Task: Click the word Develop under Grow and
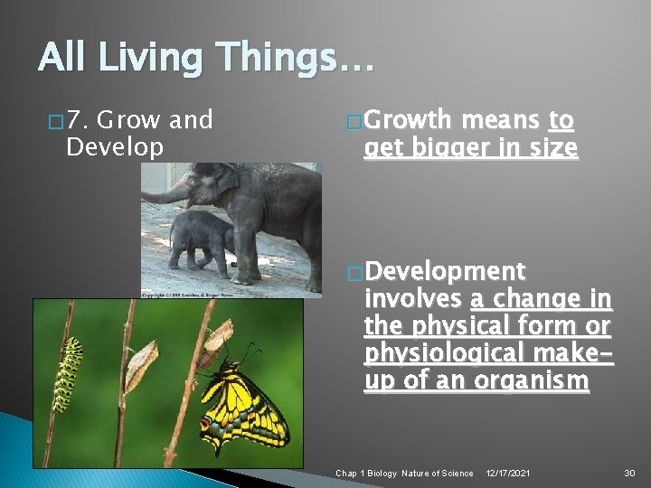click(115, 146)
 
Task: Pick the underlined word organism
click(537, 380)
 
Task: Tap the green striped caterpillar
click(67, 371)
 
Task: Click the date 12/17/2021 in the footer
click(509, 474)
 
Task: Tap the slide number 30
click(629, 474)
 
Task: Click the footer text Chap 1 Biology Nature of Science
click(404, 474)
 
